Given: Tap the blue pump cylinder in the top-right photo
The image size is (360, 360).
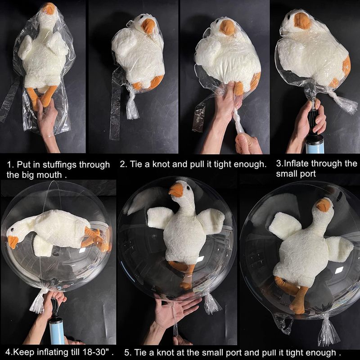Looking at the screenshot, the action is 315,144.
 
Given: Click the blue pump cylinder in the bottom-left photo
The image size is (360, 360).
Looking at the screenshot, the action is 57,331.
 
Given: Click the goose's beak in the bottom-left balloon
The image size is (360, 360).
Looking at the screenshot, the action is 13,242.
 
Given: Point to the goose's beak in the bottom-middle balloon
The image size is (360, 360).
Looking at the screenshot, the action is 176,189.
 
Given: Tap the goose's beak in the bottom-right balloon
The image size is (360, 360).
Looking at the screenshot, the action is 324,205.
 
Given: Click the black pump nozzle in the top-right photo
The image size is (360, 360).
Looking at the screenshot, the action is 313,121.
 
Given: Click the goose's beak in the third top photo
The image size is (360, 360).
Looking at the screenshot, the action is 227,27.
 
